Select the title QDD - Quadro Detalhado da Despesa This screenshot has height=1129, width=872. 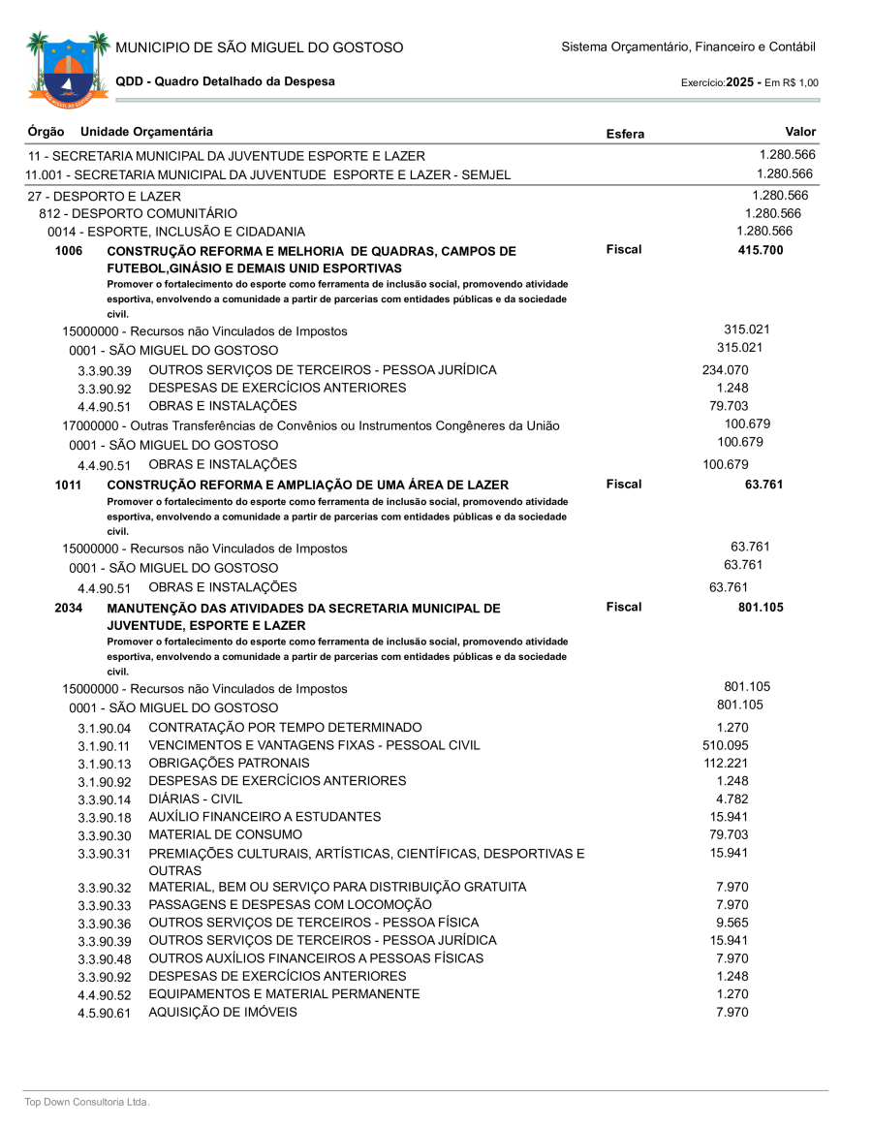[x=225, y=81]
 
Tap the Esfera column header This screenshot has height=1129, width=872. [x=625, y=135]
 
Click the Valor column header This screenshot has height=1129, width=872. [x=800, y=132]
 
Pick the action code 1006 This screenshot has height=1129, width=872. [x=70, y=251]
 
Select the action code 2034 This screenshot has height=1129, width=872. [x=70, y=609]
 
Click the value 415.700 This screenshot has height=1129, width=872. [x=761, y=251]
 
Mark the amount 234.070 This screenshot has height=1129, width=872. [x=725, y=370]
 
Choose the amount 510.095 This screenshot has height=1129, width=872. [x=725, y=745]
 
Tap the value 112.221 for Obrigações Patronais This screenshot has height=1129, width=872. [x=725, y=763]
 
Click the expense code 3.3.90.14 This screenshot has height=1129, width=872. [x=104, y=800]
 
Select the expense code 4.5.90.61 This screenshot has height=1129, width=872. [x=104, y=1014]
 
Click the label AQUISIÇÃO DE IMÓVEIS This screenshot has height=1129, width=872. [x=223, y=1012]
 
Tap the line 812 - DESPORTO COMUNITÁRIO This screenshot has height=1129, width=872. [x=138, y=213]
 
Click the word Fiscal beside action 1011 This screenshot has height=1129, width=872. [x=624, y=484]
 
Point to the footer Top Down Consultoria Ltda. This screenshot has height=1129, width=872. [x=87, y=1102]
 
